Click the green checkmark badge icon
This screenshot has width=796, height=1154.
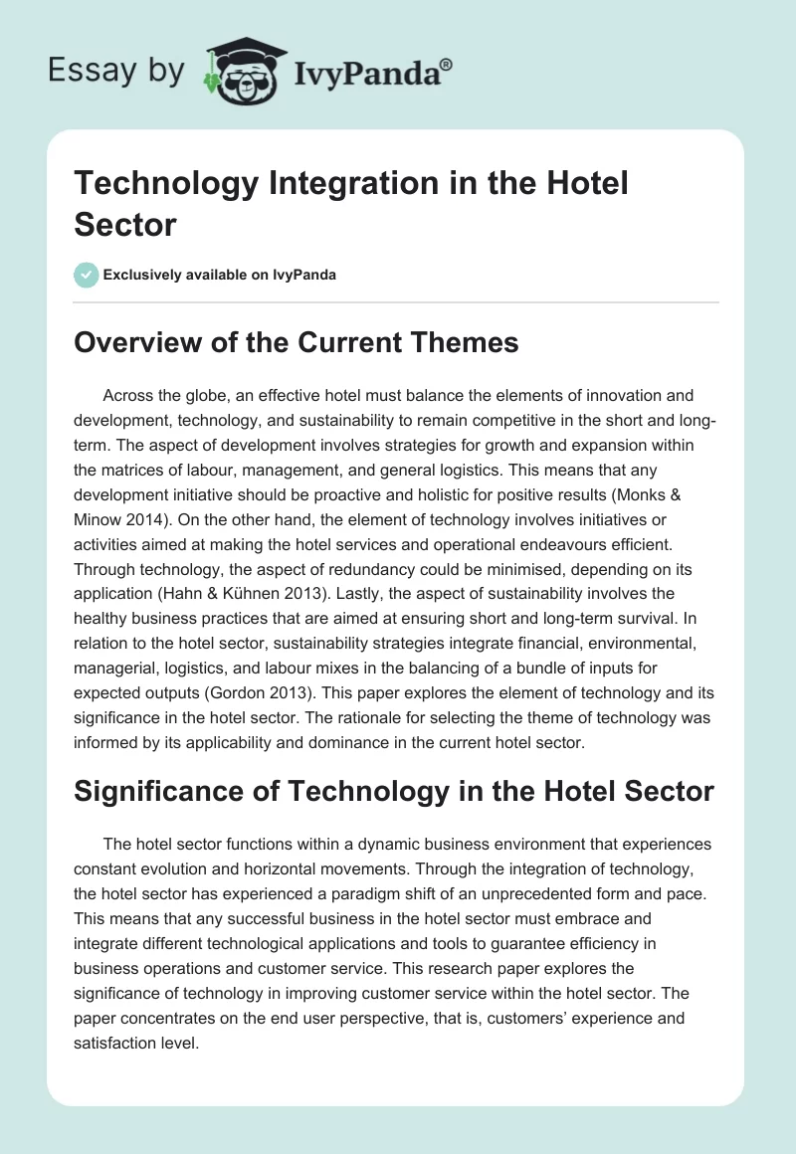click(x=87, y=275)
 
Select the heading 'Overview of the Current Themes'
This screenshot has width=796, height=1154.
click(x=297, y=343)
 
